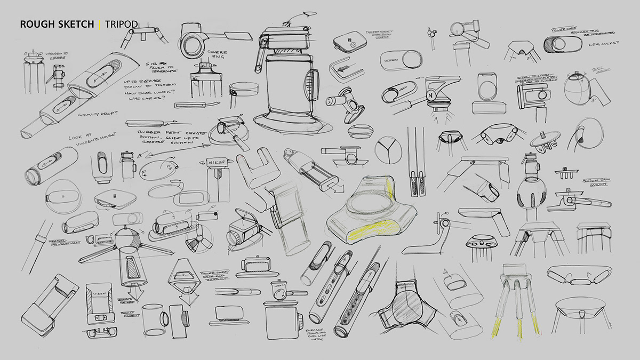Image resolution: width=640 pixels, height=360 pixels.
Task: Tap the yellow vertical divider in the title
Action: [x=99, y=25]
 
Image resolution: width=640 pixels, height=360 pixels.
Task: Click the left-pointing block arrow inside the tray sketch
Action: [x=340, y=68]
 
